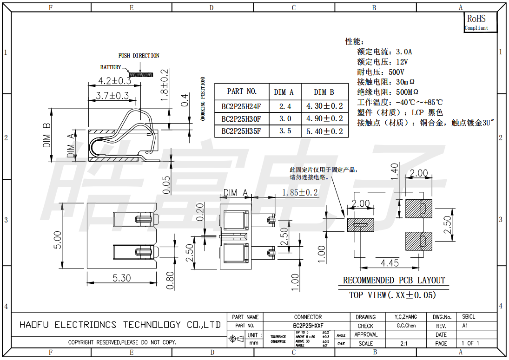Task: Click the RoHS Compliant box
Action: (480, 22)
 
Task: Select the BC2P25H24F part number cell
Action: (241, 106)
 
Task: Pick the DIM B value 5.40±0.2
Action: (324, 131)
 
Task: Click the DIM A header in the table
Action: (283, 92)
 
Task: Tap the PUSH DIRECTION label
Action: (139, 56)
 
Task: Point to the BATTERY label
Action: (111, 67)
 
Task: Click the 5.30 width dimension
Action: (122, 278)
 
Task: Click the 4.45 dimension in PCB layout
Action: (390, 263)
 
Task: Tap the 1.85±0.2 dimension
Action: (300, 192)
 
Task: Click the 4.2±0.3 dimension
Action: (114, 81)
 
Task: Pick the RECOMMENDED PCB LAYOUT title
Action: (394, 280)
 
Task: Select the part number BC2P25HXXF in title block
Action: (308, 326)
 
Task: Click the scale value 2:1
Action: (404, 343)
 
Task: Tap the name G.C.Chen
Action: (406, 326)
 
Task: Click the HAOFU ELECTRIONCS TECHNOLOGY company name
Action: (120, 325)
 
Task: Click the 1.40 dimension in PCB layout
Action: (394, 171)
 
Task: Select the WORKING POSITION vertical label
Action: (203, 99)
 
